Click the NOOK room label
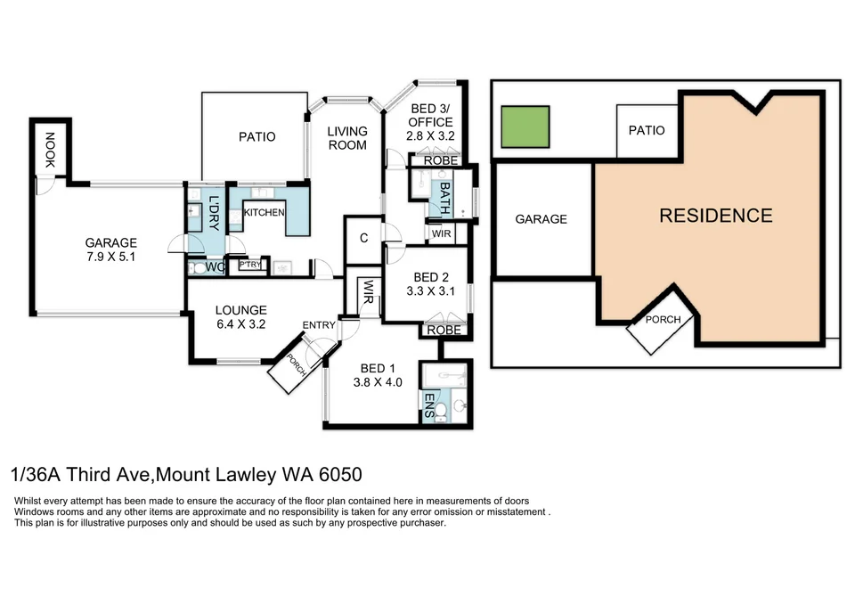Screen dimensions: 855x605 50,150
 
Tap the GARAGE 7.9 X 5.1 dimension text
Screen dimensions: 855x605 110,257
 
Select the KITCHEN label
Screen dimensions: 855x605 264,212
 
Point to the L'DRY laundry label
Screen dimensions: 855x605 215,213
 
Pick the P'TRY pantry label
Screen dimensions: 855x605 250,265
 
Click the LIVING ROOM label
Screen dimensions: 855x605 347,138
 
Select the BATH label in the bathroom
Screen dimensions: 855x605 445,198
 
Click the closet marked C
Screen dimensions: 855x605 363,238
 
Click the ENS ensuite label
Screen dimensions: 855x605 429,405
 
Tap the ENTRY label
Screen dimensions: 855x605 319,325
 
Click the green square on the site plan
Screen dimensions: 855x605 525,127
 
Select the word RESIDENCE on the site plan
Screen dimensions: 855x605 716,216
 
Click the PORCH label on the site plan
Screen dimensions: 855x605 663,319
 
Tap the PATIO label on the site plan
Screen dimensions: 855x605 647,130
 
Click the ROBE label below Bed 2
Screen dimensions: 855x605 444,330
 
